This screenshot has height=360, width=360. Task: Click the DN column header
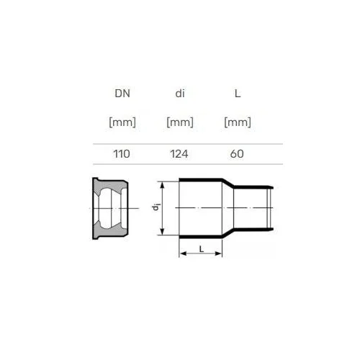(x=122, y=94)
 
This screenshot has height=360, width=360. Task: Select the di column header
(x=180, y=94)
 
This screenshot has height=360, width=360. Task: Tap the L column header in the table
(x=238, y=94)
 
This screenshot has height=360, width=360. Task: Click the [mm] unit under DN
(x=122, y=122)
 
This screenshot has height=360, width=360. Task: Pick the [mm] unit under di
(x=180, y=122)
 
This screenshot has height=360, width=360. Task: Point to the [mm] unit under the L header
(x=238, y=122)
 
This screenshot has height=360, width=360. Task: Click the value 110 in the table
(x=122, y=154)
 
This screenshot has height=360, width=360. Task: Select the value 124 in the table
(x=179, y=154)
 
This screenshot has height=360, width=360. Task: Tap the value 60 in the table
(x=237, y=154)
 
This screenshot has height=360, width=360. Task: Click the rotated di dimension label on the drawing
(x=156, y=207)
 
